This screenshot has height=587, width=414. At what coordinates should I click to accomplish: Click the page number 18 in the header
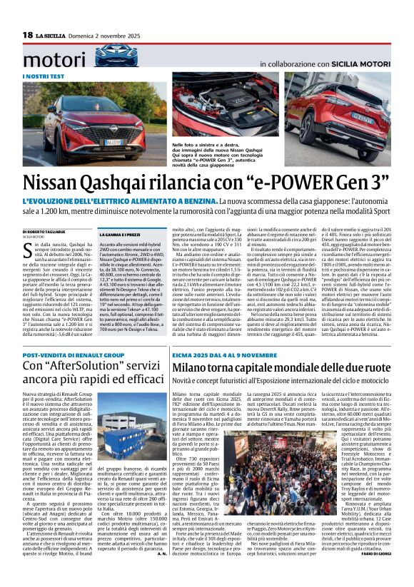pyautogui.click(x=28, y=36)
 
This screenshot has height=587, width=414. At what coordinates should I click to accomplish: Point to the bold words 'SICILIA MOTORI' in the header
pyautogui.click(x=357, y=63)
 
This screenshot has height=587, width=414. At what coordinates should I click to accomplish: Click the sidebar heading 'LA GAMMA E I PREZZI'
pyautogui.click(x=124, y=234)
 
